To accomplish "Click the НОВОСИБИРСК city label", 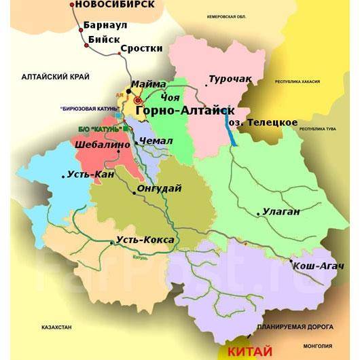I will [x=115, y=5].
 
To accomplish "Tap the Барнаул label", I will [x=103, y=26].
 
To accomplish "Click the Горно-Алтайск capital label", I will [x=185, y=110].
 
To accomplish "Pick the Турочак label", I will [x=230, y=79].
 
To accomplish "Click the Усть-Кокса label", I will [x=145, y=240].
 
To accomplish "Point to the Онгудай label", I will [x=160, y=190].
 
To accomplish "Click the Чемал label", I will [x=156, y=141].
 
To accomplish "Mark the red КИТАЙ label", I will [x=249, y=352].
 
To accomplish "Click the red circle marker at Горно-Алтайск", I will [x=139, y=101].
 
